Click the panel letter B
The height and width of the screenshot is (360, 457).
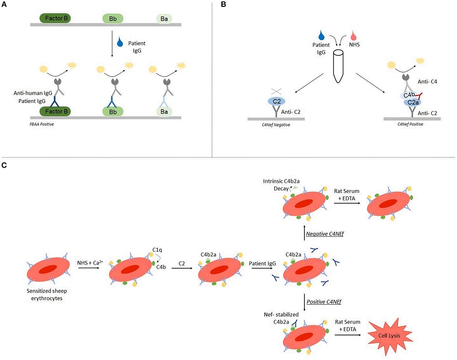[x=223, y=5]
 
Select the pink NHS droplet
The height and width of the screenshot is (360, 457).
[x=354, y=35]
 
